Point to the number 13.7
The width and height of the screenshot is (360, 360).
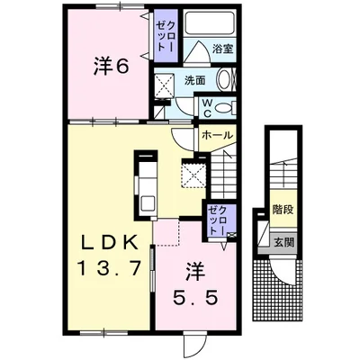click(x=110, y=267)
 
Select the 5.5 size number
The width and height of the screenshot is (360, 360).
click(x=194, y=297)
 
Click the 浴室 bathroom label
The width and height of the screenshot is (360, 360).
click(x=222, y=49)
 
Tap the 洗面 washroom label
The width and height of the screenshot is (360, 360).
click(x=195, y=80)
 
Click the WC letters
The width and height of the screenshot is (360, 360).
click(x=208, y=108)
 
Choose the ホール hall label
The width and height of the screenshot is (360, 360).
click(x=218, y=135)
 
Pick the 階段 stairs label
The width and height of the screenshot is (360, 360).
click(x=283, y=209)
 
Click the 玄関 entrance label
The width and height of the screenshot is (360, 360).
click(x=283, y=242)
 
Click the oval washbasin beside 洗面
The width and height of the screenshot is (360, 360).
click(x=225, y=80)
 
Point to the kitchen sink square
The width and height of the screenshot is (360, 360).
click(x=148, y=203)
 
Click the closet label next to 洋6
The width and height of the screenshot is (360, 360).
click(x=166, y=37)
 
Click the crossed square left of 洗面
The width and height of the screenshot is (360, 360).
click(x=164, y=85)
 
